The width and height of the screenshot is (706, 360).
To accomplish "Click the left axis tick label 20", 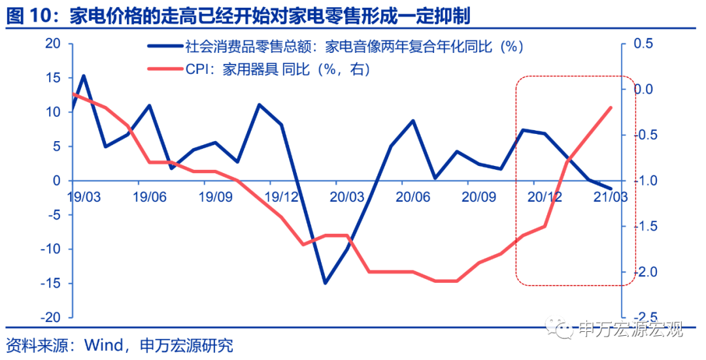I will tap(52, 44).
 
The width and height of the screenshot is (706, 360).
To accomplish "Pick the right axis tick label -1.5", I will tap(641, 226).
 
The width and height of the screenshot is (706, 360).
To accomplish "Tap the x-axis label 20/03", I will tap(347, 196).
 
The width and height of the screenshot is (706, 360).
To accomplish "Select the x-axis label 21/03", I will tap(609, 196).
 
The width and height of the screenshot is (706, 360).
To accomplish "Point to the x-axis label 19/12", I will tap(282, 196).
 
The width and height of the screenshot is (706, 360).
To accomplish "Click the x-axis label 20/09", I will tap(478, 196).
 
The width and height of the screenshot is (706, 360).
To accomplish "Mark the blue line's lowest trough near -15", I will tap(325, 283).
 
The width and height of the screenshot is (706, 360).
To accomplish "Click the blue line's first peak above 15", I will tap(84, 76).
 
